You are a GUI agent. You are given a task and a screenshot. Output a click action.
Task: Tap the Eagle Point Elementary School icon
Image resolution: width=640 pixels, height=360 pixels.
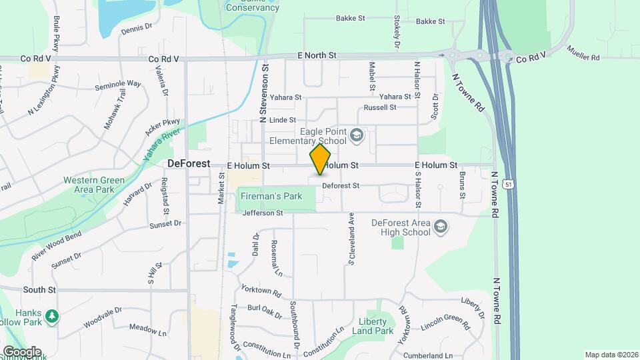357,136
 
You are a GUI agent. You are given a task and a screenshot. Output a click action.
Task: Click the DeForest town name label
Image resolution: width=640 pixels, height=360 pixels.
189,163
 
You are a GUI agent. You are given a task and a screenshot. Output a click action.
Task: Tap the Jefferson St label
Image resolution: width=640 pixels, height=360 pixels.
263,213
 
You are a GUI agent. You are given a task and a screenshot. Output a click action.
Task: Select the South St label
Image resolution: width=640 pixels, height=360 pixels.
39,290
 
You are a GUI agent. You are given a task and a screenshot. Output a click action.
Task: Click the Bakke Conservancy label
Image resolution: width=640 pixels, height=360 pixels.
252,5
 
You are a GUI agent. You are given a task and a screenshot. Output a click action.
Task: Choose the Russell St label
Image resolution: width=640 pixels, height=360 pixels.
380,107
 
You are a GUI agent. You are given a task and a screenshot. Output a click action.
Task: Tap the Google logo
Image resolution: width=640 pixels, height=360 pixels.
21,351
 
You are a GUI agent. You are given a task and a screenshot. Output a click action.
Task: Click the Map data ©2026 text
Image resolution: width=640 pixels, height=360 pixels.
611,355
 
